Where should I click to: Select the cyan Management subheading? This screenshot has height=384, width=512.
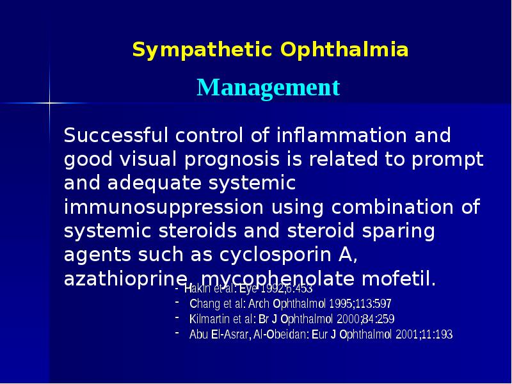268,87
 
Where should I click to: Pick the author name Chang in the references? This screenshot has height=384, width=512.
205,303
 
